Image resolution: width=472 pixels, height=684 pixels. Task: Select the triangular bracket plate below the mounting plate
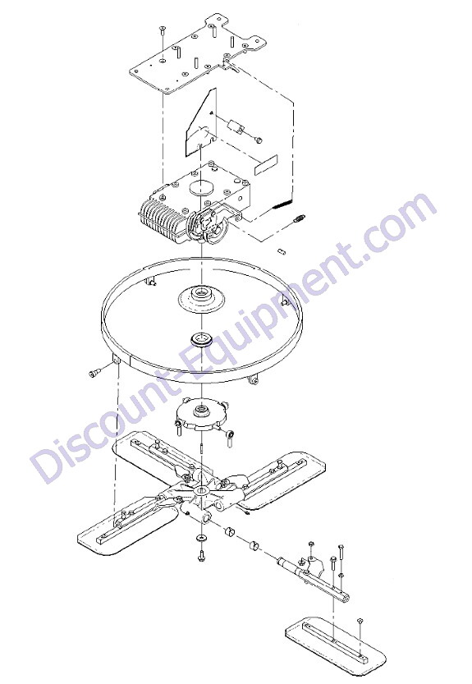(200, 122)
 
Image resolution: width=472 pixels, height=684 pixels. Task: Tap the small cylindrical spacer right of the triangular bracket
(236, 128)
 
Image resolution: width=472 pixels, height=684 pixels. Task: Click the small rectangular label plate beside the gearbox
(266, 165)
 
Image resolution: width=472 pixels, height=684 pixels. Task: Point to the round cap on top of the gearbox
(203, 187)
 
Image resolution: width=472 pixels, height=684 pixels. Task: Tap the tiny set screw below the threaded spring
(282, 251)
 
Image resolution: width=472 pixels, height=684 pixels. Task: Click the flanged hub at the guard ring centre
(202, 296)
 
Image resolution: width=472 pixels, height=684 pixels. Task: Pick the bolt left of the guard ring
(94, 373)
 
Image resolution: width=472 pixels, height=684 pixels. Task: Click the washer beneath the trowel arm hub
(202, 537)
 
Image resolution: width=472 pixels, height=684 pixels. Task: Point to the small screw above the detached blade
(360, 622)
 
